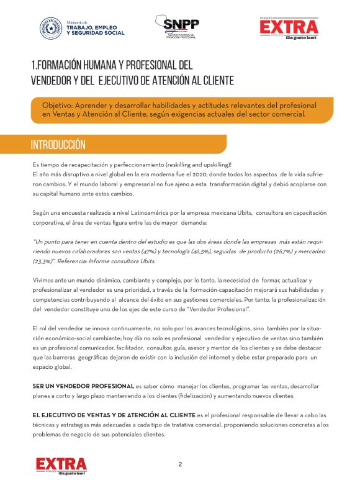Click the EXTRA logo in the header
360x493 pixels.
pyautogui.click(x=289, y=27)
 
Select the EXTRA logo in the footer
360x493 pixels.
pyautogui.click(x=61, y=466)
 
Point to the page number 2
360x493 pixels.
pyautogui.click(x=180, y=464)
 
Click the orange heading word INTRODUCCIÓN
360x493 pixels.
pyautogui.click(x=58, y=145)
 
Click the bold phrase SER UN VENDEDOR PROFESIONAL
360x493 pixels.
pyautogui.click(x=83, y=386)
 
